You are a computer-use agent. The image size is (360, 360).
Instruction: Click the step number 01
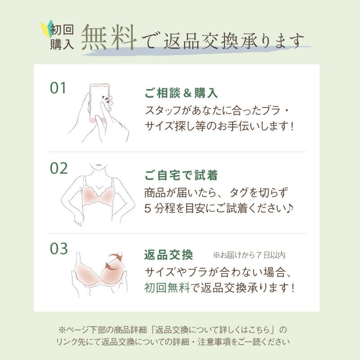click(x=58, y=88)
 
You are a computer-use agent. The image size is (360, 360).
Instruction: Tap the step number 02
click(x=59, y=168)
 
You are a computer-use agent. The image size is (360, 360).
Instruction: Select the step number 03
click(x=59, y=249)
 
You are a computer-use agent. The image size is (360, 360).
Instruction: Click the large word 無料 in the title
click(x=109, y=37)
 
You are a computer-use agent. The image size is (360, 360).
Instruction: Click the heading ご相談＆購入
click(x=181, y=93)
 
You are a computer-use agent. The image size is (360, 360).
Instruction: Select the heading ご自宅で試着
click(x=181, y=175)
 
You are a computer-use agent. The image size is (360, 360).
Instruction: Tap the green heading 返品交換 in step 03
click(x=168, y=255)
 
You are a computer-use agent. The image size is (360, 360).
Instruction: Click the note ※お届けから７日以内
click(x=249, y=255)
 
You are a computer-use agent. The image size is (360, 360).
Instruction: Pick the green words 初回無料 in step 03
click(x=167, y=288)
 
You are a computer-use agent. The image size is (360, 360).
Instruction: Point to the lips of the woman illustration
click(x=99, y=165)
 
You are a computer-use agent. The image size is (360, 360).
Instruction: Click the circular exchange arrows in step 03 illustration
click(x=113, y=261)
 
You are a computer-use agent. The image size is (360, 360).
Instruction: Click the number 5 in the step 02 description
click(x=148, y=209)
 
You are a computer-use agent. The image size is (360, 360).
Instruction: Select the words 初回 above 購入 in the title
click(x=62, y=30)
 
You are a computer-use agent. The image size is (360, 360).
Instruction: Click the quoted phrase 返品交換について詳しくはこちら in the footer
click(x=212, y=330)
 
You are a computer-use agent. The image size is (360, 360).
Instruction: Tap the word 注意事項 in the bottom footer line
click(x=214, y=342)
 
